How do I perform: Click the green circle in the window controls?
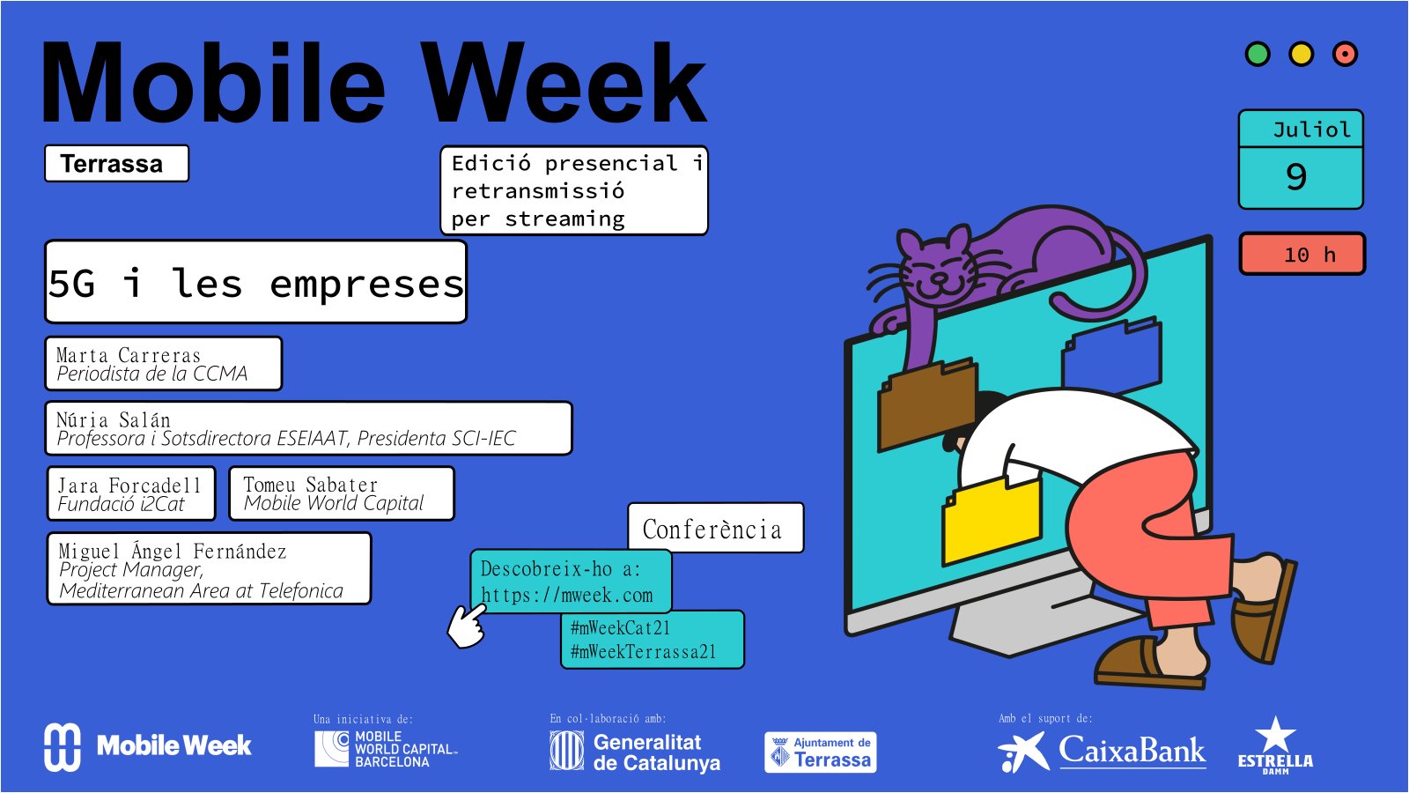coord(1258,54)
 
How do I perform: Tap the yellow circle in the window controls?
coord(1301,54)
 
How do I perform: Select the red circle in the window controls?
coord(1345,54)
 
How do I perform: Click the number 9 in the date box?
coord(1296,176)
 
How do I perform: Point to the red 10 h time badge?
coord(1302,254)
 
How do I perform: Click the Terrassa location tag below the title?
coord(116,164)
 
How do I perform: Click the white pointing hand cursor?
coord(468,626)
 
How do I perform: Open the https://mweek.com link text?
coord(567,595)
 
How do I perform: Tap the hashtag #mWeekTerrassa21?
coord(643,652)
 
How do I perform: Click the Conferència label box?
coord(716,528)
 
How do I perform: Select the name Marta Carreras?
coord(129,355)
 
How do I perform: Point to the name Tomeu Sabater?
coord(311,485)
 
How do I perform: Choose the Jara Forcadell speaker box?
coord(131,494)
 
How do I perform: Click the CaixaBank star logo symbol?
coord(1023,752)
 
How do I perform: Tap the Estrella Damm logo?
coord(1275,745)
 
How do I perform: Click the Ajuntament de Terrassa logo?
coord(820,752)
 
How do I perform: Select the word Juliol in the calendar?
coord(1311,130)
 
